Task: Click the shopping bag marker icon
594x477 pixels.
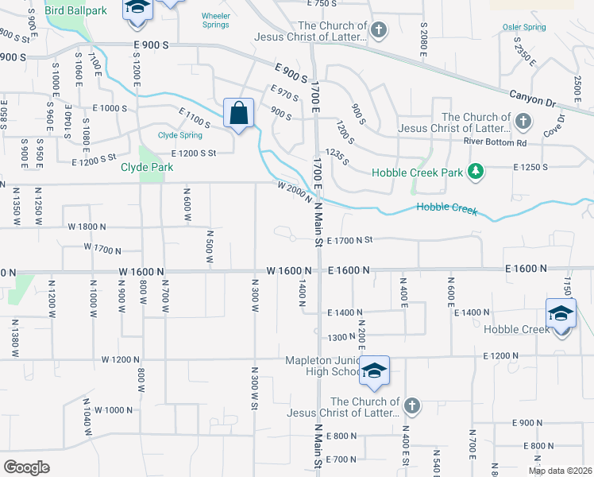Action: click(238, 113)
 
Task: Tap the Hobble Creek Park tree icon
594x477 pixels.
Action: click(476, 171)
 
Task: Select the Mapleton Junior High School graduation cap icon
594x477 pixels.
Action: click(375, 370)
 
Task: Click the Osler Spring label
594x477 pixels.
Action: click(524, 27)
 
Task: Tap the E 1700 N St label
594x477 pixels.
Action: click(349, 239)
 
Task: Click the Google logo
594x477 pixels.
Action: click(27, 467)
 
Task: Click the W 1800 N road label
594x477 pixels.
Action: click(88, 227)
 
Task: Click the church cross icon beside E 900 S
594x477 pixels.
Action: click(379, 31)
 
